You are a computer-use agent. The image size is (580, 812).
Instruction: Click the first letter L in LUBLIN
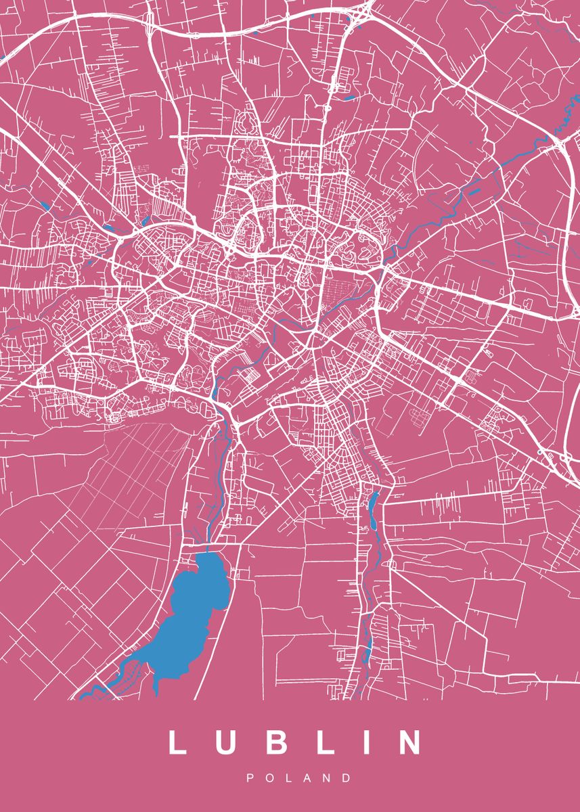pyautogui.click(x=177, y=742)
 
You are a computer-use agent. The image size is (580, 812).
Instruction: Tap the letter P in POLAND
pyautogui.click(x=250, y=778)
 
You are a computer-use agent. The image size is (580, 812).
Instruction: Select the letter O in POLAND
pyautogui.click(x=269, y=778)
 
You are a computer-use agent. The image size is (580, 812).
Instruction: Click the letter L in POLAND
pyautogui.click(x=288, y=778)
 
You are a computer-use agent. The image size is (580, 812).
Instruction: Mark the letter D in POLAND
pyautogui.click(x=347, y=778)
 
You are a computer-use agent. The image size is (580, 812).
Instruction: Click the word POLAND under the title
pyautogui.click(x=298, y=778)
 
